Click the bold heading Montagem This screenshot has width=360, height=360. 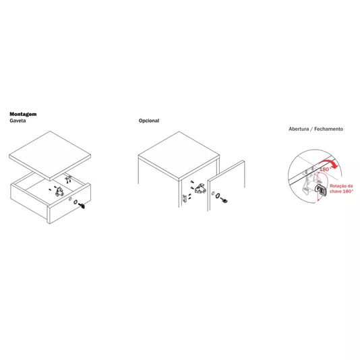tap(23, 114)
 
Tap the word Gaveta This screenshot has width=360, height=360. tap(18, 121)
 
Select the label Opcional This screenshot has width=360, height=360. tap(149, 121)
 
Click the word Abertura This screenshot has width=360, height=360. tap(299, 129)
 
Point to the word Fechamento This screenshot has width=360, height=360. tap(328, 129)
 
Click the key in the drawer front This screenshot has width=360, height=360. tap(82, 206)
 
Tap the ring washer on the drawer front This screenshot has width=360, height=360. tap(76, 202)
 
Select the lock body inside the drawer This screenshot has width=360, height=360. tap(59, 192)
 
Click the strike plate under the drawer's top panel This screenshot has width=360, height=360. tap(68, 178)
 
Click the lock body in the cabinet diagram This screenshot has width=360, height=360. tap(200, 188)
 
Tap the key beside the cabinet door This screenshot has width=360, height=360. tap(224, 200)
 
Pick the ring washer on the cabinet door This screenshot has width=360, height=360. tap(218, 196)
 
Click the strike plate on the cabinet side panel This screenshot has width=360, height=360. tap(184, 198)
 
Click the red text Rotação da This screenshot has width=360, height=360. tap(341, 186)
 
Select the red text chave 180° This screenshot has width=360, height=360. tap(341, 191)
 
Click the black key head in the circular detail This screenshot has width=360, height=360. tap(322, 190)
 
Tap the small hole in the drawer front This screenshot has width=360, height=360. tap(71, 199)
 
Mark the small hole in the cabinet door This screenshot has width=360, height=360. tap(213, 193)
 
